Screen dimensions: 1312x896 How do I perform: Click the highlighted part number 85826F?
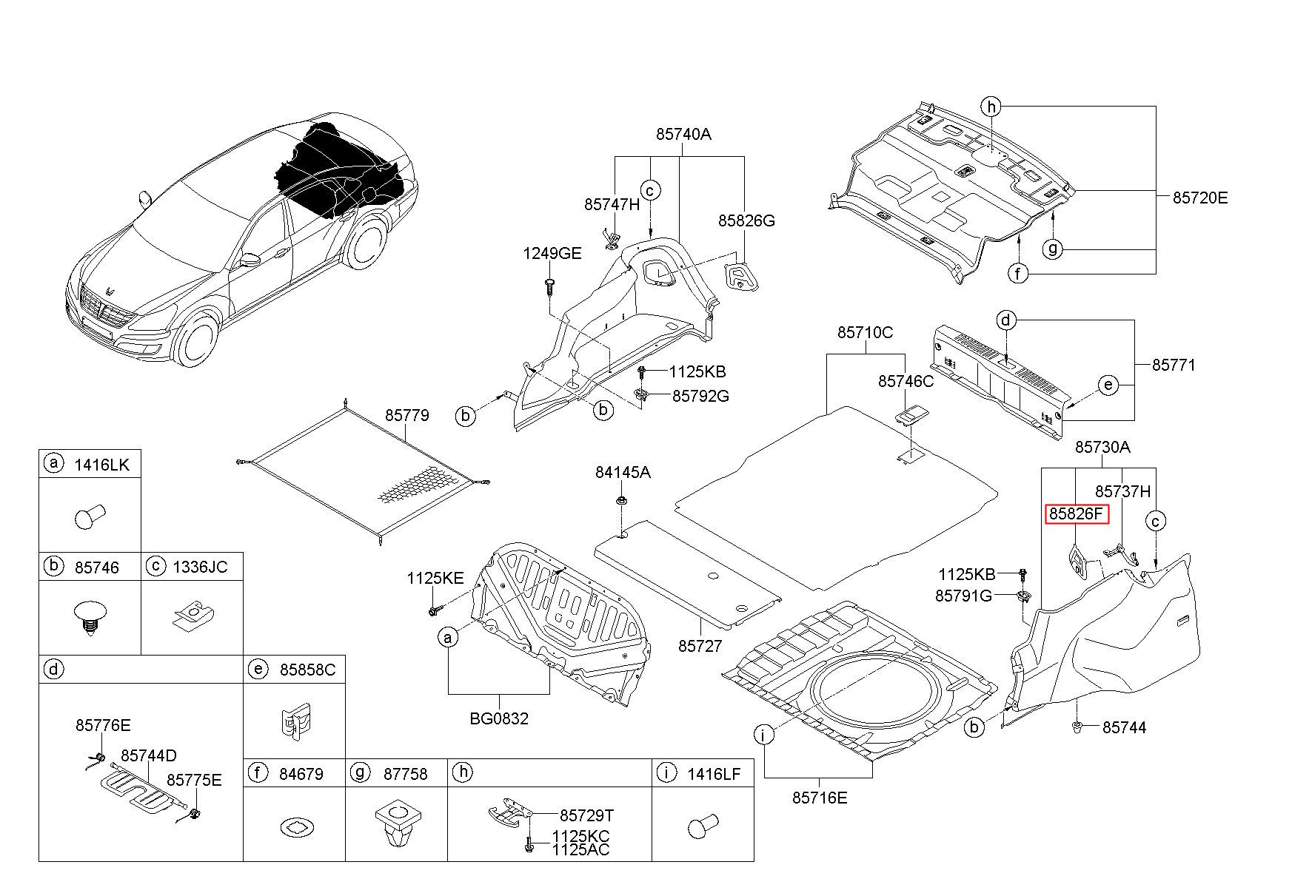point(1076,513)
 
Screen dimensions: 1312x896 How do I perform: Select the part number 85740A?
point(683,134)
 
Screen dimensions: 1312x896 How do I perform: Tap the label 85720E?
point(1200,198)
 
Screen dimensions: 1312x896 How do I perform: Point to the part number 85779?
point(406,415)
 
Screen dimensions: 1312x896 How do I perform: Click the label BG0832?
point(499,718)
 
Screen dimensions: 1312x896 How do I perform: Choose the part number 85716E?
point(820,798)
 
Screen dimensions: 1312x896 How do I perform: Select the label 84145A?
point(623,472)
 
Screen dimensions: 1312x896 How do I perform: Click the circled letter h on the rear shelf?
point(991,107)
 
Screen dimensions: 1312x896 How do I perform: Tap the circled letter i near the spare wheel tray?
point(763,735)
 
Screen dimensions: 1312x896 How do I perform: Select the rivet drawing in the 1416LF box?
point(703,825)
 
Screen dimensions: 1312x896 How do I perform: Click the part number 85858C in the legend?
point(307,670)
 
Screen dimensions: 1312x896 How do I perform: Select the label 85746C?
point(906,381)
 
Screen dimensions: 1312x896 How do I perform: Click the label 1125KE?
point(435,579)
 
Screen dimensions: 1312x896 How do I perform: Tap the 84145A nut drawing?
point(623,502)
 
